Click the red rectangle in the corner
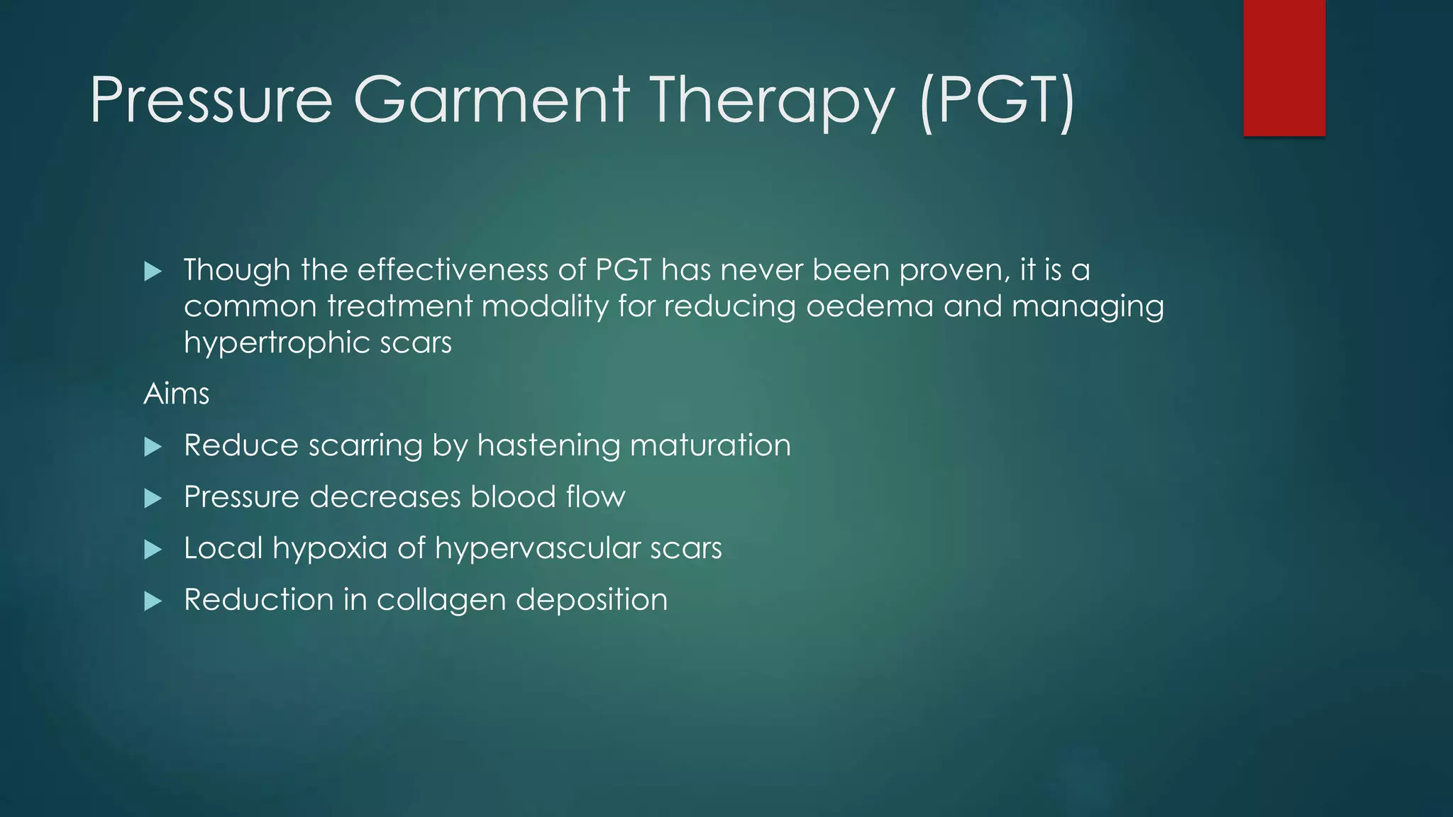1283,67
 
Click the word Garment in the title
491,101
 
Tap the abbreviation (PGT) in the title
996,101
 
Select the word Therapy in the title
772,101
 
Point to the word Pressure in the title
211,101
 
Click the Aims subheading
176,394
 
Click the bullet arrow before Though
153,271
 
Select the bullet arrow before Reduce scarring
153,447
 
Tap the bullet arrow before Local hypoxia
153,550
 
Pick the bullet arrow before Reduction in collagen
153,601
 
